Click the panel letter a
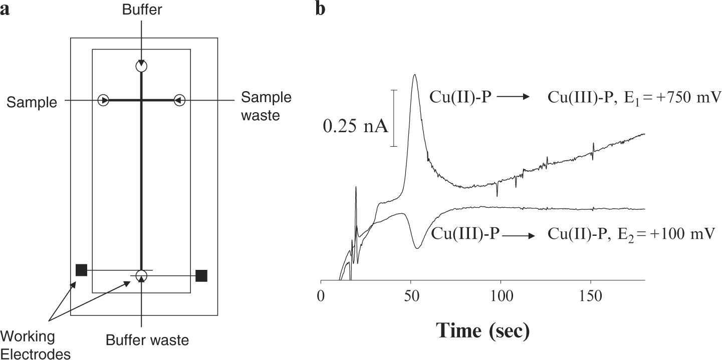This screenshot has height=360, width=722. click(6, 9)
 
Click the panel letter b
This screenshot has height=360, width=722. click(320, 9)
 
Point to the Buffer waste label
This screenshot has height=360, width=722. click(147, 340)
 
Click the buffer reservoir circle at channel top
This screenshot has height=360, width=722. click(142, 66)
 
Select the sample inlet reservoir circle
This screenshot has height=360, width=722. click(104, 101)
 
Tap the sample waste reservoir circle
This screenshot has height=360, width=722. click(180, 101)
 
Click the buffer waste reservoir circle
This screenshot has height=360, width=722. click(142, 275)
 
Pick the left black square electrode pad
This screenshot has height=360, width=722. click(81, 270)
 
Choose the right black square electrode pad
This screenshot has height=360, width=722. click(201, 275)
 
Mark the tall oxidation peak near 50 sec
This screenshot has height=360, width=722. click(414, 76)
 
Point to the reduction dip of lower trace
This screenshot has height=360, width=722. click(417, 247)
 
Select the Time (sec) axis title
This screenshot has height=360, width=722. click(483, 330)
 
